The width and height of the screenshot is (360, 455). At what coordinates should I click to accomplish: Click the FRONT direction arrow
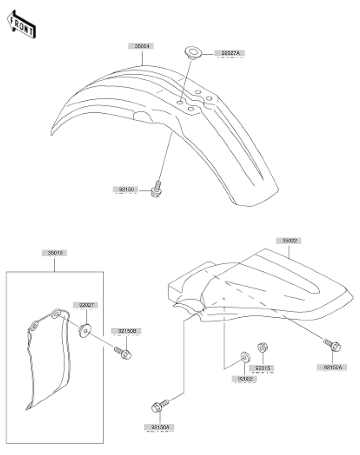tap(21, 25)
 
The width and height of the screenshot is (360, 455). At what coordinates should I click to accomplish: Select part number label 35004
tap(142, 46)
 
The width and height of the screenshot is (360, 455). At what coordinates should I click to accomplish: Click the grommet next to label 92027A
tap(193, 53)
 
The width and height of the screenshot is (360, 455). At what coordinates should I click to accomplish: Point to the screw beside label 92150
tap(156, 190)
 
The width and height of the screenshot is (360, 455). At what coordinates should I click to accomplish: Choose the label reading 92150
tap(126, 190)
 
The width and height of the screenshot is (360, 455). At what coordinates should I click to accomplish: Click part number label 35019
tap(55, 253)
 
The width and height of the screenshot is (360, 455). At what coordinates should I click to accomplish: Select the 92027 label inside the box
tap(86, 305)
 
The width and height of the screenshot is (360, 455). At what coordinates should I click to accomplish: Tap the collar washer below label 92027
tap(85, 331)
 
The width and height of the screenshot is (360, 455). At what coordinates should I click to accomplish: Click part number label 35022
tap(289, 240)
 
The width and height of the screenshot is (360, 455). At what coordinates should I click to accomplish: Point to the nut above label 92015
tap(263, 347)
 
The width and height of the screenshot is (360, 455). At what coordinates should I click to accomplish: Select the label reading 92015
tap(263, 368)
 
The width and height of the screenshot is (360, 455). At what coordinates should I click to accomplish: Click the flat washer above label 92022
tap(245, 357)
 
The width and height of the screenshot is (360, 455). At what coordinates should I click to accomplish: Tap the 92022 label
tap(245, 379)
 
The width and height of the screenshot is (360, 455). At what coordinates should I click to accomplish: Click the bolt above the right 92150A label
tap(332, 345)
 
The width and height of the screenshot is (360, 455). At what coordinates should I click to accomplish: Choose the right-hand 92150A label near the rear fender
tap(333, 367)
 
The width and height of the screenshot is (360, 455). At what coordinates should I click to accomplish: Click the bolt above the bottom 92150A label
tap(160, 406)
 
